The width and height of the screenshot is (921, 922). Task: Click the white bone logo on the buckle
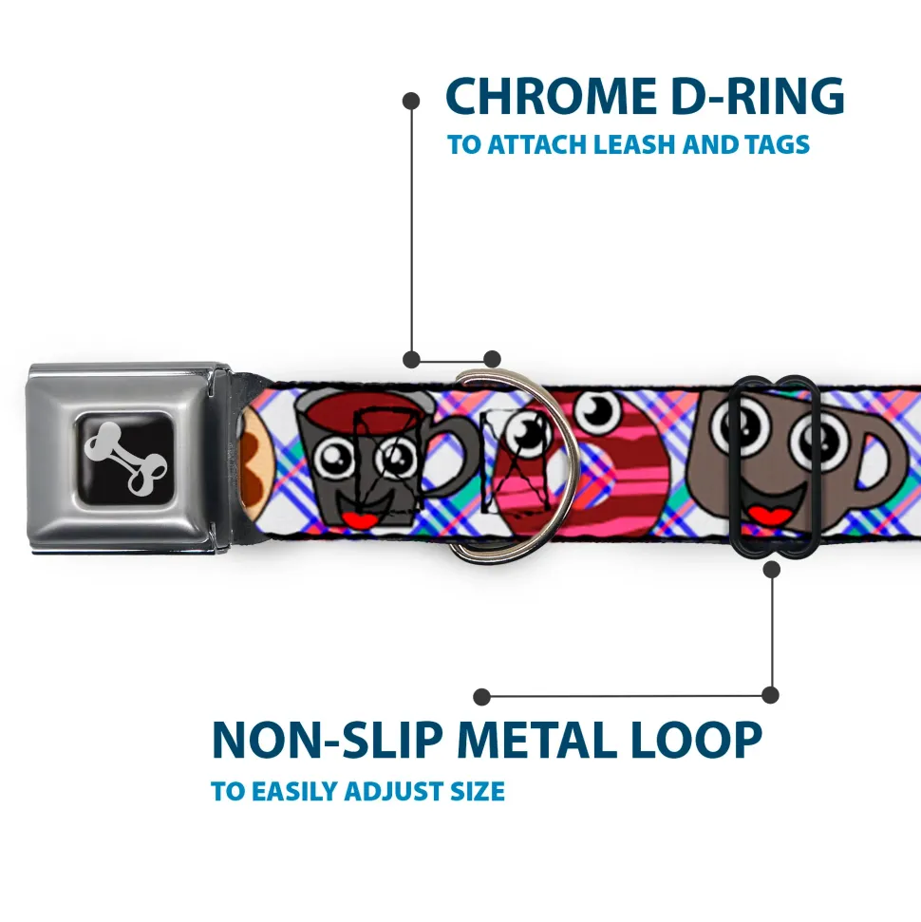tap(125, 458)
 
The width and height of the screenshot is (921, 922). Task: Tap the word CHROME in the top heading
tap(551, 97)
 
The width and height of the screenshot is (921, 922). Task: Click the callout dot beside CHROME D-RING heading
tap(411, 101)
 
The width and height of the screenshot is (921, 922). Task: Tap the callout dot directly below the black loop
tap(772, 569)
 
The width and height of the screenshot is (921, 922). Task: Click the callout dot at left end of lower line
tap(481, 697)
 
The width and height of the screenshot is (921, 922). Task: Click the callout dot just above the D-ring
tap(492, 359)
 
